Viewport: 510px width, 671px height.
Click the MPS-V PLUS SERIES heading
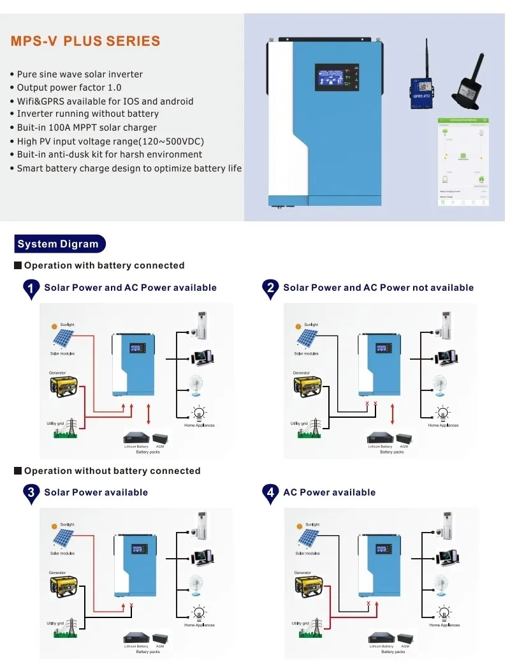click(x=85, y=41)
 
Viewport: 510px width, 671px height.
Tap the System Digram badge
click(x=59, y=244)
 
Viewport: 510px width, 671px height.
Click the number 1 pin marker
click(x=31, y=289)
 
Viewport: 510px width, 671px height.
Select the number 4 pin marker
click(x=271, y=494)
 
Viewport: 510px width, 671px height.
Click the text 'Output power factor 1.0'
click(x=69, y=87)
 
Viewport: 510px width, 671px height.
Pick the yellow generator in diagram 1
click(x=64, y=385)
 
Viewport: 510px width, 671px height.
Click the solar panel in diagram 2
click(x=307, y=338)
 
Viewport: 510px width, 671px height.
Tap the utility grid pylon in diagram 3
click(x=71, y=628)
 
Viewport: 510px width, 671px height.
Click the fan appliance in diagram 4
click(x=440, y=586)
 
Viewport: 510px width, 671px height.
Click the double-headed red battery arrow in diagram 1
click(x=149, y=413)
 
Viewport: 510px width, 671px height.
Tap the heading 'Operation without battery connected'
click(x=112, y=471)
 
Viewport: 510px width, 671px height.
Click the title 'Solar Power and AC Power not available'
click(x=379, y=288)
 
